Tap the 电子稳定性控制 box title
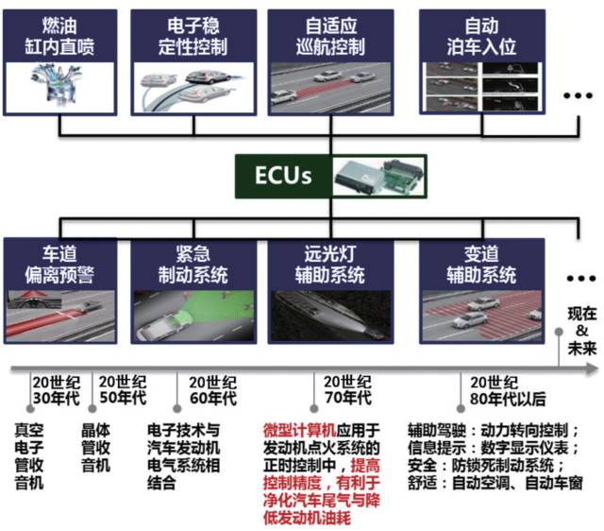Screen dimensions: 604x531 (193, 35)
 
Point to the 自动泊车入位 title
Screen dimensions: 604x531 (481, 35)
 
